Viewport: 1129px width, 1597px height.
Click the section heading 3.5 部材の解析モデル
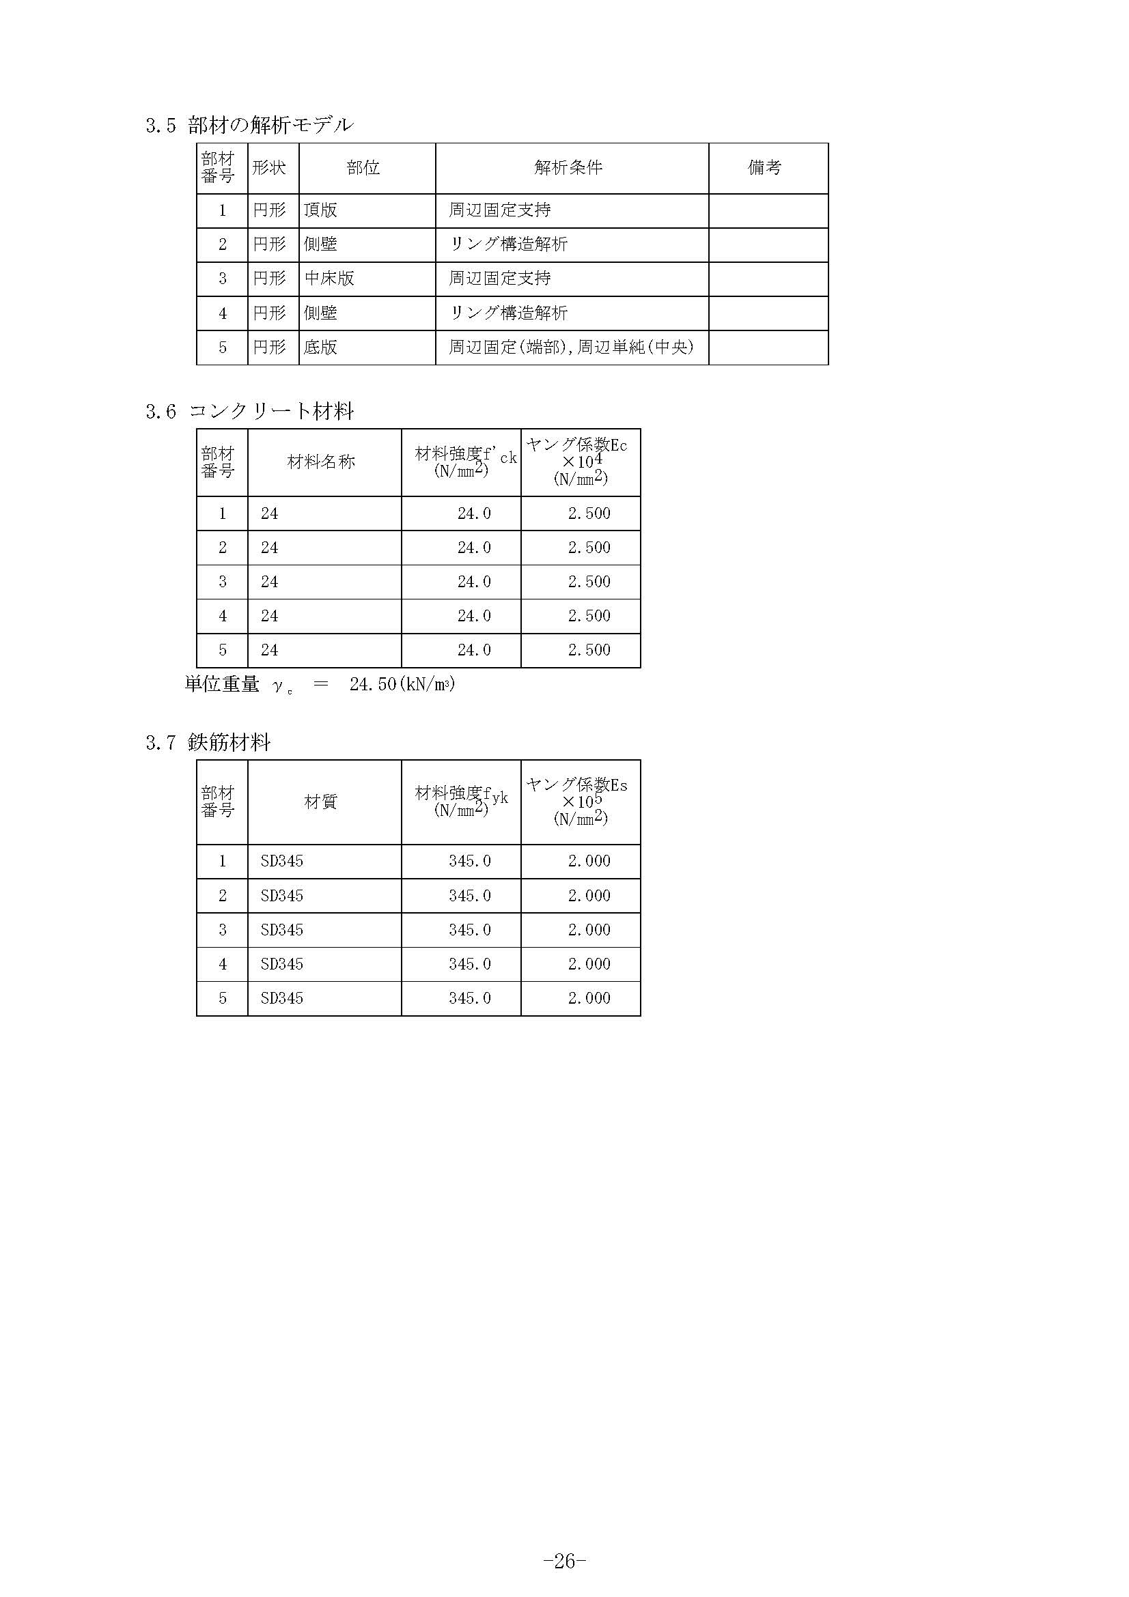pyautogui.click(x=250, y=126)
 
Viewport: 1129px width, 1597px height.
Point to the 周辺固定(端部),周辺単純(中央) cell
pyautogui.click(x=571, y=347)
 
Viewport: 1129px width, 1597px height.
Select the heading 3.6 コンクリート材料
pyautogui.click(x=250, y=412)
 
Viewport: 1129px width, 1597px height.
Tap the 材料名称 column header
pyautogui.click(x=322, y=462)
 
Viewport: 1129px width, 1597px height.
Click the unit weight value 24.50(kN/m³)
pyautogui.click(x=402, y=684)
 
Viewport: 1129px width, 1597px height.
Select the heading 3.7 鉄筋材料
pyautogui.click(x=208, y=743)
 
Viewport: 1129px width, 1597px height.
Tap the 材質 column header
pyautogui.click(x=322, y=802)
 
